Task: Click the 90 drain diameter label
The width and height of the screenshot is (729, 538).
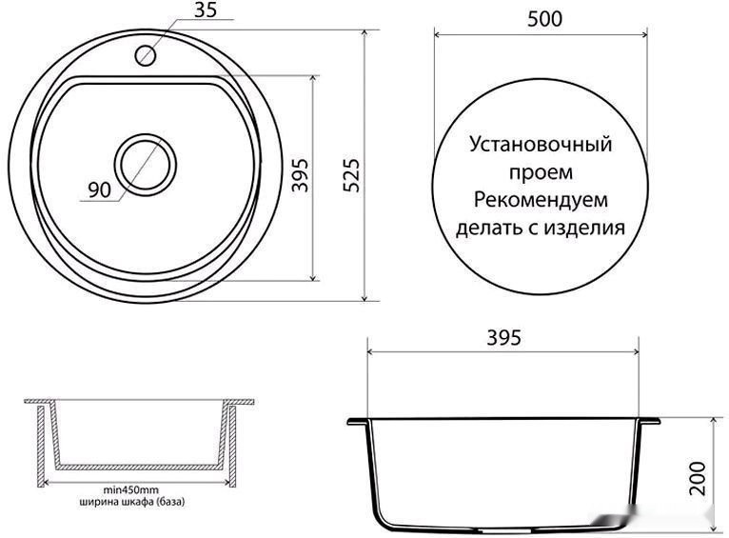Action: pos(100,189)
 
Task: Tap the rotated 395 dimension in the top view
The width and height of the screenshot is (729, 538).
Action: pos(300,175)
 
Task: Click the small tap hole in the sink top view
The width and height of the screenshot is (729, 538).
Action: pos(147,54)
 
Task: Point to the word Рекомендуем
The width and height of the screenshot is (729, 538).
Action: pos(540,201)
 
